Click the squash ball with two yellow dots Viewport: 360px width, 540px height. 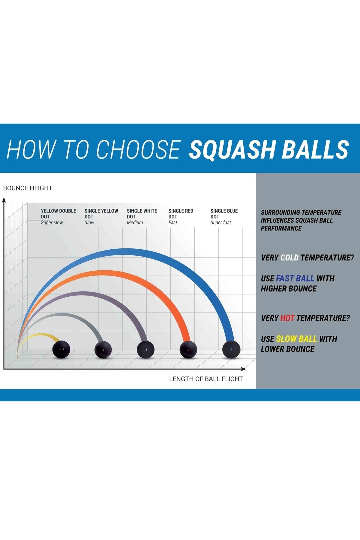click(x=61, y=349)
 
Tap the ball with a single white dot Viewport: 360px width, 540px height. click(x=146, y=350)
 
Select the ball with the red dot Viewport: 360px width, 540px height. click(x=188, y=350)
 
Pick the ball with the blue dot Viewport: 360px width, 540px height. click(x=231, y=349)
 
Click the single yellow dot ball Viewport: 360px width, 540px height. click(x=103, y=350)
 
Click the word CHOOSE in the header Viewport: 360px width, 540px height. click(x=138, y=149)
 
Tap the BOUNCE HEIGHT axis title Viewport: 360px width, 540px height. click(x=28, y=188)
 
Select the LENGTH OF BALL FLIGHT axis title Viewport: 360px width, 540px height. click(x=206, y=379)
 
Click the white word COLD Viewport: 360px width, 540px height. click(x=289, y=258)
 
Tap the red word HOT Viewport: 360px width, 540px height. click(x=287, y=318)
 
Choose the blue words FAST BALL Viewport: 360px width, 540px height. click(x=295, y=278)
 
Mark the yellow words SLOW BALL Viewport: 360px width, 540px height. click(x=296, y=339)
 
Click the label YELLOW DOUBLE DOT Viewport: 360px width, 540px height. click(x=58, y=214)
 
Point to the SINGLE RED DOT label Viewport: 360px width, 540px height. click(x=181, y=214)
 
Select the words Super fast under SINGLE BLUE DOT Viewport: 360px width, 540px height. click(x=221, y=223)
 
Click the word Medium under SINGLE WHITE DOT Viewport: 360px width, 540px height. click(x=135, y=223)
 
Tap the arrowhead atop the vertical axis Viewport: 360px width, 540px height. click(x=4, y=200)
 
